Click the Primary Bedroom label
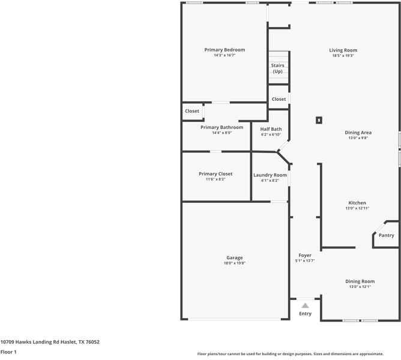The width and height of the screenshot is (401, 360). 225,50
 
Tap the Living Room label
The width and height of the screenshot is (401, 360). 343,50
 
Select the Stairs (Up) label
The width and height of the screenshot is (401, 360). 277,68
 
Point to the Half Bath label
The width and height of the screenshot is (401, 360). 271,129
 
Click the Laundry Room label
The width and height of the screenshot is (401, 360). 270,175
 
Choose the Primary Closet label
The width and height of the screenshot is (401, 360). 216,174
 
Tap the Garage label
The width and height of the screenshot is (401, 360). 235,257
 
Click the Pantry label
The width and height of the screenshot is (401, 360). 387,235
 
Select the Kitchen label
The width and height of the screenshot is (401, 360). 357,203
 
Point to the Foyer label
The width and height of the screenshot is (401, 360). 305,255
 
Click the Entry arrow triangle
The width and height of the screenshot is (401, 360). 305,305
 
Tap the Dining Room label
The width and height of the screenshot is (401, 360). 360,281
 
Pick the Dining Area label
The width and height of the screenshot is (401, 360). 358,132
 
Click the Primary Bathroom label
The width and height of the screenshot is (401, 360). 222,127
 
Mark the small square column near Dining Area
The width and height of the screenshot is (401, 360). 319,120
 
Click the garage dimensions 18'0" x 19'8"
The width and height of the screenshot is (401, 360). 235,263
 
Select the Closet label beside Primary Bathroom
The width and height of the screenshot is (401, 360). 192,111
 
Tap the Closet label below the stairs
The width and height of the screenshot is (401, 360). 279,99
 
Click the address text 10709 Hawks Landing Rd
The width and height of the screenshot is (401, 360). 50,342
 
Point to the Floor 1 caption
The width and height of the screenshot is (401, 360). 8,352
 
